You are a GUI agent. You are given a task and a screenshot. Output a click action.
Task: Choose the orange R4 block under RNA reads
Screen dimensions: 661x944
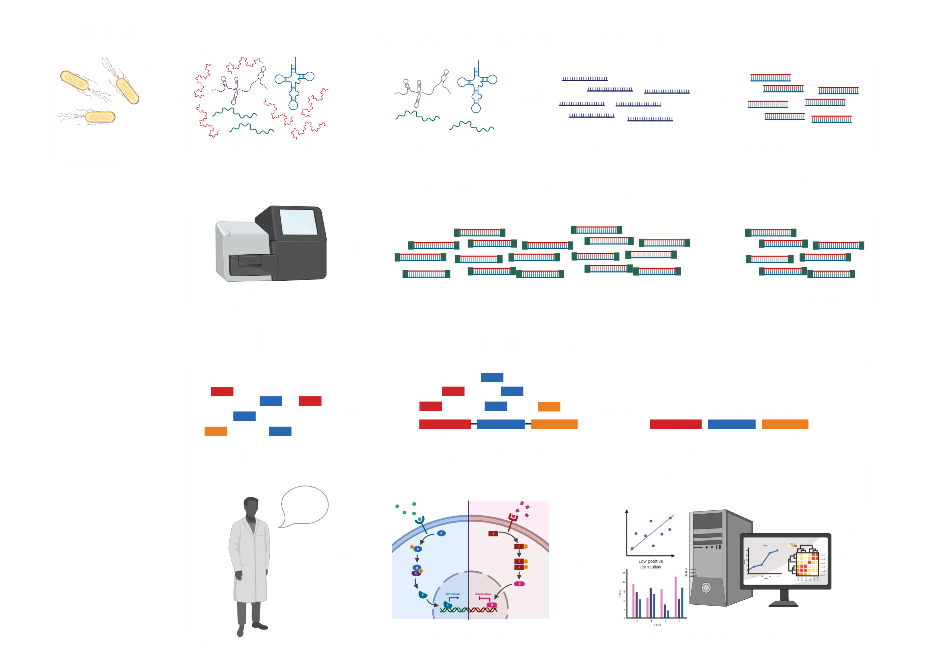pyautogui.click(x=216, y=431)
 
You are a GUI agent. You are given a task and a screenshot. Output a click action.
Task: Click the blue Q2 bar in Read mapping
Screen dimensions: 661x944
pyautogui.click(x=500, y=424)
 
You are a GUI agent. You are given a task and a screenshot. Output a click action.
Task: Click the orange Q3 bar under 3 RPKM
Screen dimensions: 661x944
pyautogui.click(x=785, y=424)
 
